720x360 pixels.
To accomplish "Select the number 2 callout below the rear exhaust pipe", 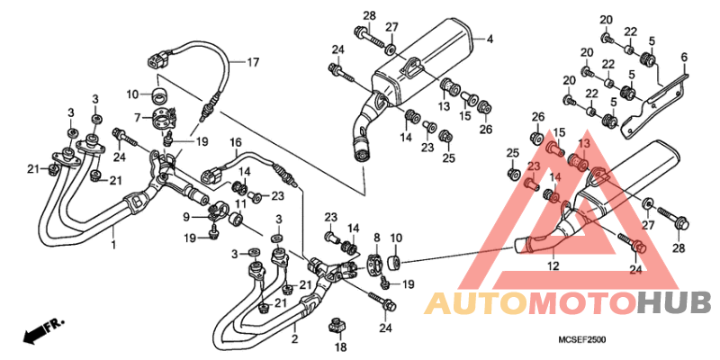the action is click(x=295, y=340).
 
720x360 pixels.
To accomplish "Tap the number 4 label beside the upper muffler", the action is click(x=490, y=40).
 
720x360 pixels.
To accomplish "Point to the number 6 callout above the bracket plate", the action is click(x=684, y=58).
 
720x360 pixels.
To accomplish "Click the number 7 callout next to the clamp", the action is click(x=137, y=119).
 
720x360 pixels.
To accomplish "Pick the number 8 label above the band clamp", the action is click(x=376, y=238).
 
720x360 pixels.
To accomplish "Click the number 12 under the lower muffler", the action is click(x=553, y=265).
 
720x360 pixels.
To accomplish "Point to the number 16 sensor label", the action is click(x=236, y=141).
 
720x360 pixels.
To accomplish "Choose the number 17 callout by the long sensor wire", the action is click(x=253, y=62).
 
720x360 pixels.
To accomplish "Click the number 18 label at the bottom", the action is click(x=341, y=347).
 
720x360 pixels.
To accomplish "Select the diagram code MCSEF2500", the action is click(x=581, y=340).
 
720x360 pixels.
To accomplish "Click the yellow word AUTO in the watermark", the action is click(x=476, y=304).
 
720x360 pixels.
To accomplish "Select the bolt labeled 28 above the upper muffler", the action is click(x=368, y=36).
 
